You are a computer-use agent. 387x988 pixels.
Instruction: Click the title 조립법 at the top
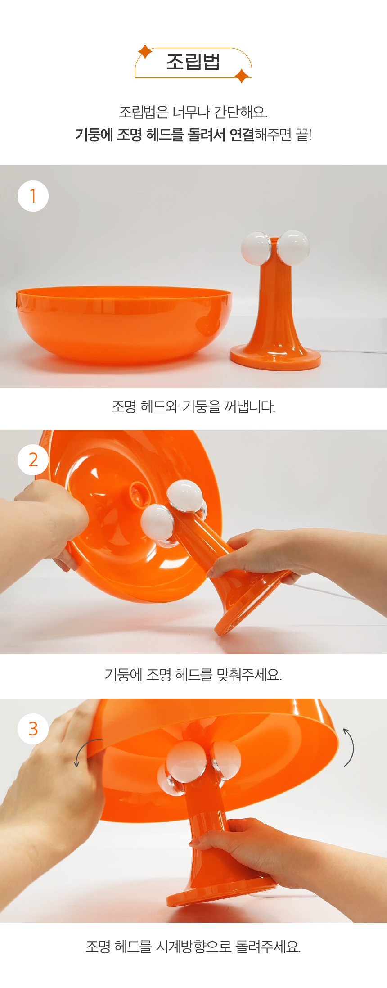pyautogui.click(x=193, y=62)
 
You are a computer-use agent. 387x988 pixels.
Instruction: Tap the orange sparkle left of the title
pyautogui.click(x=145, y=52)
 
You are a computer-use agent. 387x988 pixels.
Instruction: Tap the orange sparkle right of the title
pyautogui.click(x=242, y=76)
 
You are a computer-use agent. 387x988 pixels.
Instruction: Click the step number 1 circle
pyautogui.click(x=33, y=196)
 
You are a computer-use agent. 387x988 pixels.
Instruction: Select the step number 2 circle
pyautogui.click(x=33, y=460)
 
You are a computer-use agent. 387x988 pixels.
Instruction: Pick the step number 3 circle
pyautogui.click(x=33, y=729)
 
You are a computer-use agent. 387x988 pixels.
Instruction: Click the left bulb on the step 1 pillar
pyautogui.click(x=256, y=248)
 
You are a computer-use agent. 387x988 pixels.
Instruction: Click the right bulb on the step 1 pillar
pyautogui.click(x=293, y=247)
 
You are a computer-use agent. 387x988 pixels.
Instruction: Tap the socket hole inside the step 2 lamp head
pyautogui.click(x=139, y=492)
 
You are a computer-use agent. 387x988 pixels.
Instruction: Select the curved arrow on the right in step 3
pyautogui.click(x=349, y=747)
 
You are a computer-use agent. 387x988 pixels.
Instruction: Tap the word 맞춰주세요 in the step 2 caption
pyautogui.click(x=249, y=674)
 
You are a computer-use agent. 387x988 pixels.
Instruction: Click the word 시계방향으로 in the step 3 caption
pyautogui.click(x=193, y=946)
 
